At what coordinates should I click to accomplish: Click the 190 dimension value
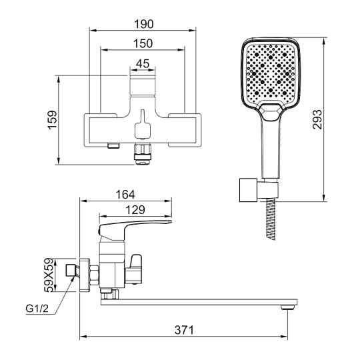[144, 24]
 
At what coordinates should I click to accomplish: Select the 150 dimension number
[143, 43]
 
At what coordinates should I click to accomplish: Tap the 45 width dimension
[143, 63]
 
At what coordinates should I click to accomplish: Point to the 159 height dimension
[53, 119]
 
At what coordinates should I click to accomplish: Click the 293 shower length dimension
[318, 119]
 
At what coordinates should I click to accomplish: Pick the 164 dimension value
[125, 195]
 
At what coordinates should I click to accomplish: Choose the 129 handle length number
[135, 210]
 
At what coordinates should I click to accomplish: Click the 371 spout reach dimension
[184, 330]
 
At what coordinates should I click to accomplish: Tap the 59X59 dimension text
[49, 275]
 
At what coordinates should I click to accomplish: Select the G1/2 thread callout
[37, 309]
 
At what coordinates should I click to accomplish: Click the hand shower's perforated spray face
[271, 72]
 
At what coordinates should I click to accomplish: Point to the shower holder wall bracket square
[248, 190]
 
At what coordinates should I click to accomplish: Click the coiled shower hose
[271, 219]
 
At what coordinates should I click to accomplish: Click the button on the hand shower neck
[271, 112]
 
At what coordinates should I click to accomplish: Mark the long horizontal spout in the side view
[199, 302]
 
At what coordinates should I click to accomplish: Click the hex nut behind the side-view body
[94, 275]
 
